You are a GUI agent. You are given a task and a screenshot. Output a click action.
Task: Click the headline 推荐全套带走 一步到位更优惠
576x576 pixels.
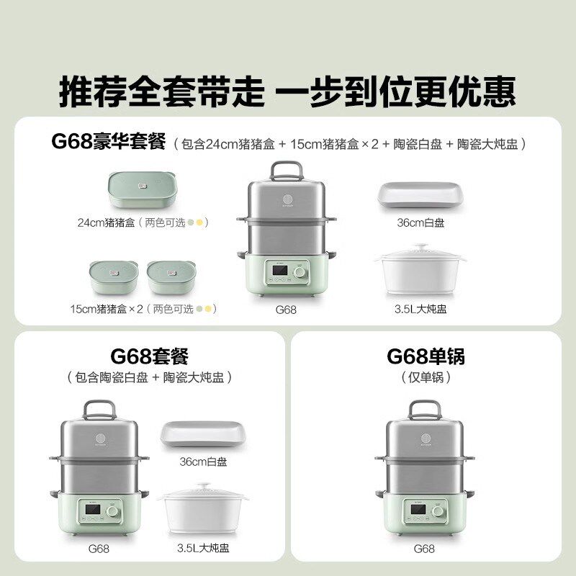tap(287, 91)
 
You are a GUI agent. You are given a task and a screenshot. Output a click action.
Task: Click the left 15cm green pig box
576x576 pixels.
tap(114, 277)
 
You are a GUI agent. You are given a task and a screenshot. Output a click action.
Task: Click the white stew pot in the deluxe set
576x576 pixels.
tap(421, 271)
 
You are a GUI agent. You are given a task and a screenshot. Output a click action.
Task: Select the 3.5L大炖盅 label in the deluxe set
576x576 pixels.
tap(421, 310)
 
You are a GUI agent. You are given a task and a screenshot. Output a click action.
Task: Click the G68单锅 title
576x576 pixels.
tap(426, 356)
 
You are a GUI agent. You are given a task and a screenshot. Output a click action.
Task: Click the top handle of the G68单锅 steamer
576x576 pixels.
tap(426, 410)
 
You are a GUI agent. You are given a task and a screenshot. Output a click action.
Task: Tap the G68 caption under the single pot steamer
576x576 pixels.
tap(424, 549)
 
